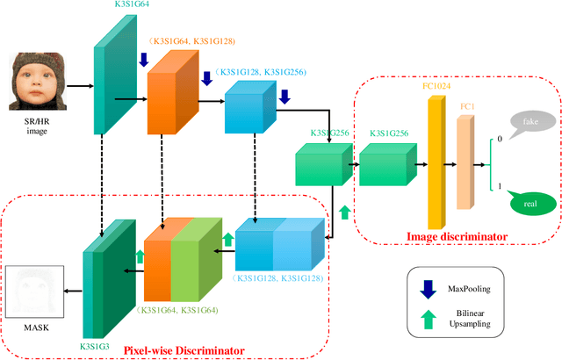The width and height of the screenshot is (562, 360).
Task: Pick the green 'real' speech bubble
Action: pyautogui.click(x=527, y=205)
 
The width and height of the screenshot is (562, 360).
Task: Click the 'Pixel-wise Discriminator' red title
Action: pyautogui.click(x=184, y=350)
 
